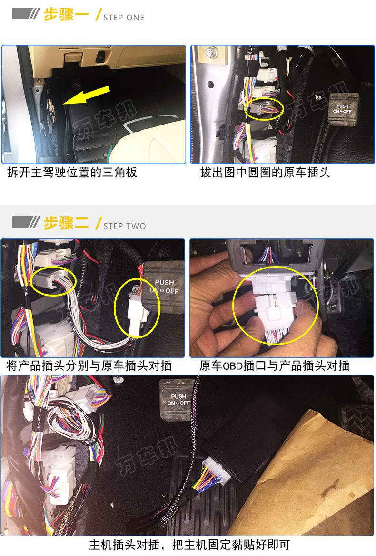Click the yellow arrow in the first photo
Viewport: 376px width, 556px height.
click(86, 95)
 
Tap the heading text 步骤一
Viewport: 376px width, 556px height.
click(66, 15)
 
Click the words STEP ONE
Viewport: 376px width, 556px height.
click(124, 18)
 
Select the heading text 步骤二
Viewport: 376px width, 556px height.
click(66, 223)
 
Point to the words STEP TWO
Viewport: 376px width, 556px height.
click(125, 226)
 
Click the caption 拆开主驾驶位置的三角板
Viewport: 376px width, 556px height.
click(72, 173)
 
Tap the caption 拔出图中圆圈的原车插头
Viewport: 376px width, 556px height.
click(265, 173)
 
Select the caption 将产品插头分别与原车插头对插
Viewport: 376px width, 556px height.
click(89, 365)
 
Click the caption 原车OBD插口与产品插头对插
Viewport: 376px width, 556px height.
click(275, 365)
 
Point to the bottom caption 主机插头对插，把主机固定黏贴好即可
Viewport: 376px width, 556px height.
click(189, 545)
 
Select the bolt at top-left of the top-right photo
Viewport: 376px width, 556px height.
click(212, 52)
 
